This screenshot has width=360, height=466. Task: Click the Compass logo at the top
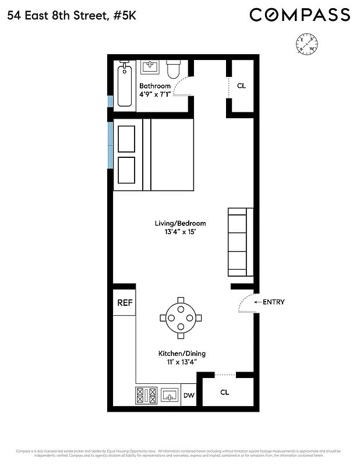[x=300, y=15]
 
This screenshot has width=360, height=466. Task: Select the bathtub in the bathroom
[x=125, y=85]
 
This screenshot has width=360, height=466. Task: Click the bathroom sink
[x=150, y=68]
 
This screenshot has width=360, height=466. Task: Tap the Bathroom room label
[x=155, y=86]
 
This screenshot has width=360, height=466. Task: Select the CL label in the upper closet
[x=241, y=86]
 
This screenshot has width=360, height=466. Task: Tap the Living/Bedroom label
[x=180, y=223]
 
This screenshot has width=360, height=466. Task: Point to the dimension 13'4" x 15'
[x=180, y=232]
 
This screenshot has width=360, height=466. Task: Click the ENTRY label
[x=273, y=302]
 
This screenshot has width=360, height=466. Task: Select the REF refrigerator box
[x=125, y=303]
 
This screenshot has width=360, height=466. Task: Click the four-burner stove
[x=146, y=396]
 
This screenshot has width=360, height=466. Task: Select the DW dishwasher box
[x=189, y=396]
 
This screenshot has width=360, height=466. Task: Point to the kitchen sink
[x=170, y=396]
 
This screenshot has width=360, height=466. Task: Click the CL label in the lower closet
[x=225, y=392]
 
